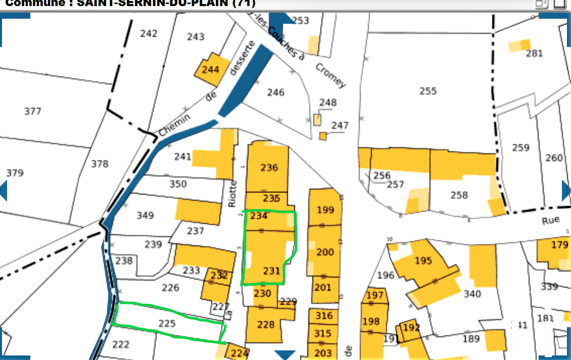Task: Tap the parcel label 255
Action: click(427, 91)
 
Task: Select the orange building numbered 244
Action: click(211, 69)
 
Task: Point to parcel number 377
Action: click(33, 111)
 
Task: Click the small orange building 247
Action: click(323, 136)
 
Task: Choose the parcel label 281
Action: click(534, 54)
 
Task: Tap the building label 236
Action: click(269, 167)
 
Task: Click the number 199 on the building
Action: click(325, 210)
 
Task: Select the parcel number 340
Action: click(472, 294)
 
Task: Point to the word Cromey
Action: click(331, 75)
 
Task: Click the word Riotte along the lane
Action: click(233, 194)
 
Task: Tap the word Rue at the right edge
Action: click(551, 220)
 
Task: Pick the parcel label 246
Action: click(276, 93)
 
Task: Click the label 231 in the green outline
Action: click(271, 271)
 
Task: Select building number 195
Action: click(423, 260)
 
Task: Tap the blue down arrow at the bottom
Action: click(285, 354)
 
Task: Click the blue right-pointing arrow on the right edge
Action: click(566, 191)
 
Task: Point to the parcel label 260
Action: click(554, 158)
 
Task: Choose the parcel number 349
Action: click(145, 216)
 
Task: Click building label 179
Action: click(559, 245)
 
